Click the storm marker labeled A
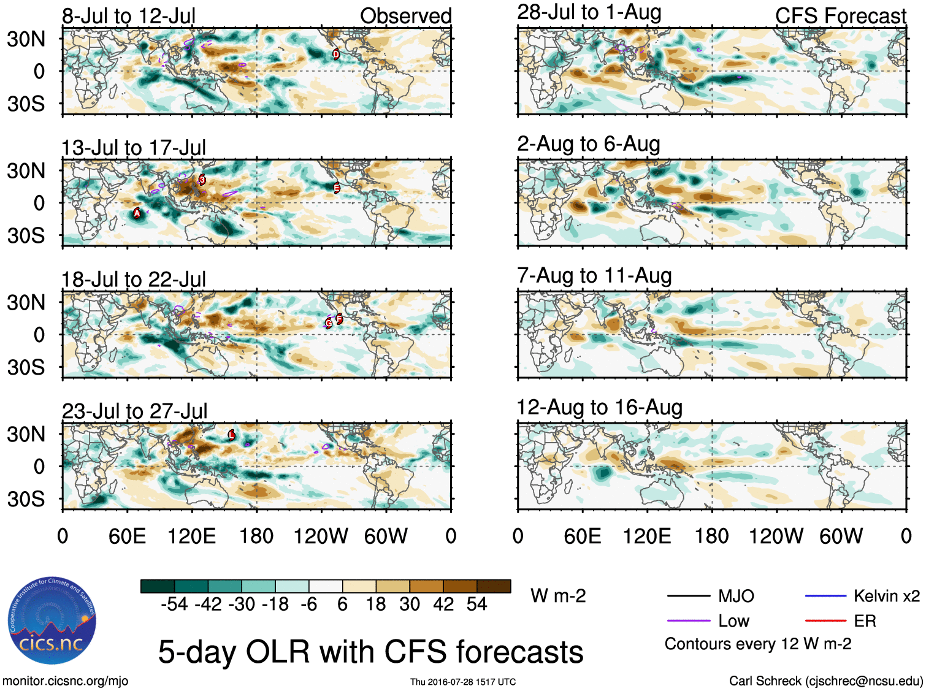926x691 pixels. (137, 213)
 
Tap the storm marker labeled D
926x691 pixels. (336, 54)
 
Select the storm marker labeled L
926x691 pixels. (231, 435)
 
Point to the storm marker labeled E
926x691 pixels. (337, 188)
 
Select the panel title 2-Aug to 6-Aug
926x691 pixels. (588, 144)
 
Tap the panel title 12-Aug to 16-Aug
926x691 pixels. (599, 408)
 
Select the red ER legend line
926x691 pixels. (825, 621)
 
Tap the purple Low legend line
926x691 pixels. (687, 621)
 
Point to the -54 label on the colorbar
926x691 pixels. (174, 605)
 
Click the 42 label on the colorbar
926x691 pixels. (443, 605)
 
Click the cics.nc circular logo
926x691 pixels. (52, 620)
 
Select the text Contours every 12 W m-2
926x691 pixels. (757, 644)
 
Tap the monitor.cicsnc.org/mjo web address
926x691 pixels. (66, 681)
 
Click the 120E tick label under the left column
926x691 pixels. (191, 536)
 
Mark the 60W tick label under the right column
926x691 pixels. (841, 536)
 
